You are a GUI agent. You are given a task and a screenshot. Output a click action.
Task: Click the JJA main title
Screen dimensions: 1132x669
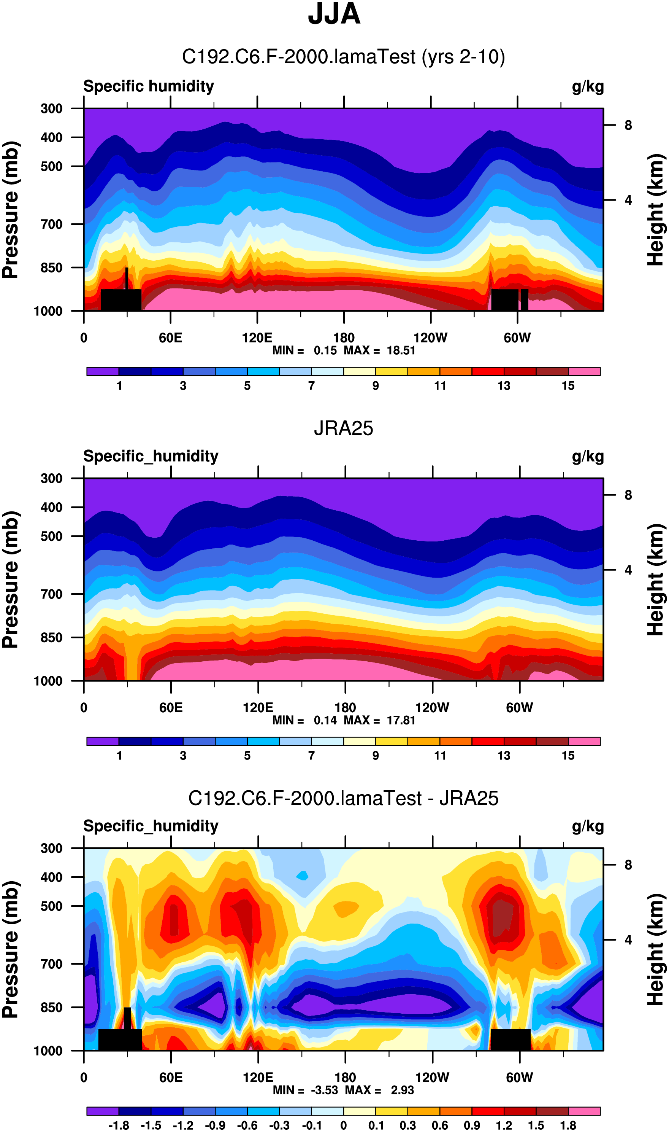point(334,14)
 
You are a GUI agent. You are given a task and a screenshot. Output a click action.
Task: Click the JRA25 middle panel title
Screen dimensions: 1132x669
point(344,428)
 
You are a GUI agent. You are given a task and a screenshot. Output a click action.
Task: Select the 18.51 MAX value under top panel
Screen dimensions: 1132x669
point(401,350)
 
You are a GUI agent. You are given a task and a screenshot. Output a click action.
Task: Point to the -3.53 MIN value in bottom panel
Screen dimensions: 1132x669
point(324,1090)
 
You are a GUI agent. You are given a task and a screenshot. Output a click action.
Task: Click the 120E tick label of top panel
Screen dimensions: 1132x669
point(257,338)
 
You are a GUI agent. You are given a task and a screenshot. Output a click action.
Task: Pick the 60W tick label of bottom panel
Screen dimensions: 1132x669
point(519,1078)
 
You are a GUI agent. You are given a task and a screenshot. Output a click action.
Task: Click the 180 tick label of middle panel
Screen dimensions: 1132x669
point(345,707)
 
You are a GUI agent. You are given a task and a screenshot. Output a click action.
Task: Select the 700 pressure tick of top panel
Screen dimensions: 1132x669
point(51,224)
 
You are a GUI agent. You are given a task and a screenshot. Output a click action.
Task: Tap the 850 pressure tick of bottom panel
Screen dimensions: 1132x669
point(51,1007)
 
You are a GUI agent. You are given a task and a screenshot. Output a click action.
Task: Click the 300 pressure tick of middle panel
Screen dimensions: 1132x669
point(51,478)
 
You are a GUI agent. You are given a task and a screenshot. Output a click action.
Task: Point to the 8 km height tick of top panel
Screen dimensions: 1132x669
point(628,126)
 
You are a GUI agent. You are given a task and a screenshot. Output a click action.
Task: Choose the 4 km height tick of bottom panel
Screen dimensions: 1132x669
point(628,940)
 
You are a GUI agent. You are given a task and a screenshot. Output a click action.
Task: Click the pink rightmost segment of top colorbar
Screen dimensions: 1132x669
point(584,371)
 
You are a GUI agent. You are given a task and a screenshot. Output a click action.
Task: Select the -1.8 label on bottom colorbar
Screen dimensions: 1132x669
point(119,1125)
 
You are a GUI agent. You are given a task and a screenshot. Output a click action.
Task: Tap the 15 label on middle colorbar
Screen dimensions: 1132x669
point(568,756)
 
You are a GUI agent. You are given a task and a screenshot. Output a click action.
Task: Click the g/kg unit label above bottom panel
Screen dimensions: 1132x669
point(587,826)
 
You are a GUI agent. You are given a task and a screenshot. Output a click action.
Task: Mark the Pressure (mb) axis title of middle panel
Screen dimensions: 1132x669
point(11,580)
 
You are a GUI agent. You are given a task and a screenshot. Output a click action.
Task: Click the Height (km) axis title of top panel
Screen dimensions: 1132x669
point(656,210)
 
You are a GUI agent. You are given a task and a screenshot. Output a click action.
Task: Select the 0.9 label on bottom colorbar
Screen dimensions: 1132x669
point(472,1125)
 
